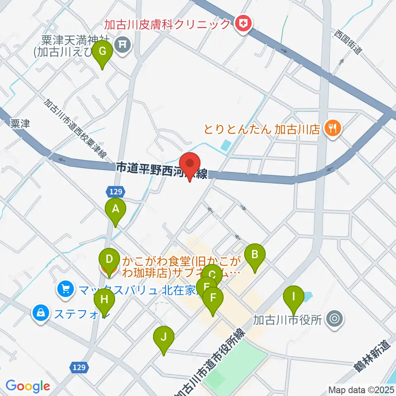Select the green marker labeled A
116,210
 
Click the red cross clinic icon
244,24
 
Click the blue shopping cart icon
65,288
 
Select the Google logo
28,386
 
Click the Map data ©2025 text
361,389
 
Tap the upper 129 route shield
115,191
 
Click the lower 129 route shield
80,367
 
